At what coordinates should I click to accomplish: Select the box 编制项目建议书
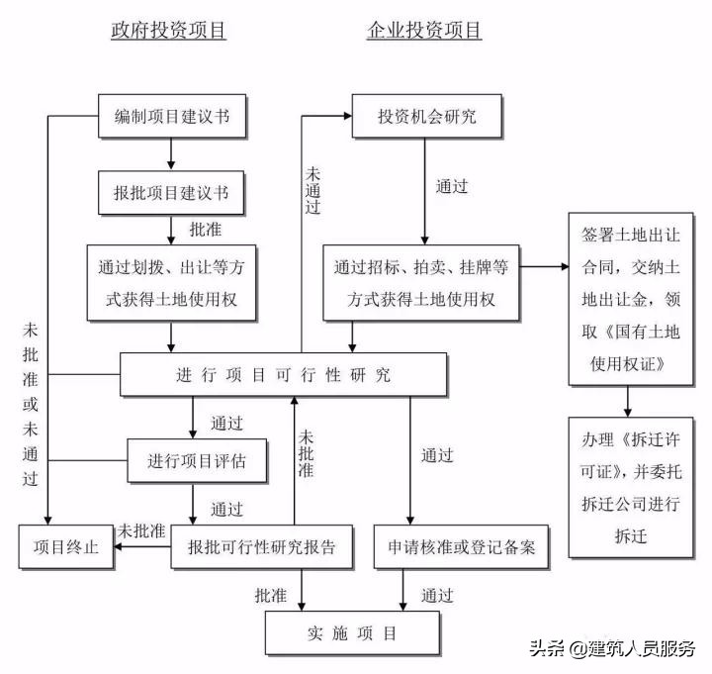point(172,117)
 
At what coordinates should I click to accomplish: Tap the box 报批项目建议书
point(172,192)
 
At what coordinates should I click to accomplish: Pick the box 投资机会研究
point(427,117)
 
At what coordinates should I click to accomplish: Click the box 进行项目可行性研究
point(284,375)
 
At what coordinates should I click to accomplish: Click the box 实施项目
point(350,632)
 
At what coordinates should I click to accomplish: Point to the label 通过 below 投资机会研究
point(452,185)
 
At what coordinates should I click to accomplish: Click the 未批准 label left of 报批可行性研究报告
point(140,530)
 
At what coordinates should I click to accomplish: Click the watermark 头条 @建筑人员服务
point(612,650)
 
